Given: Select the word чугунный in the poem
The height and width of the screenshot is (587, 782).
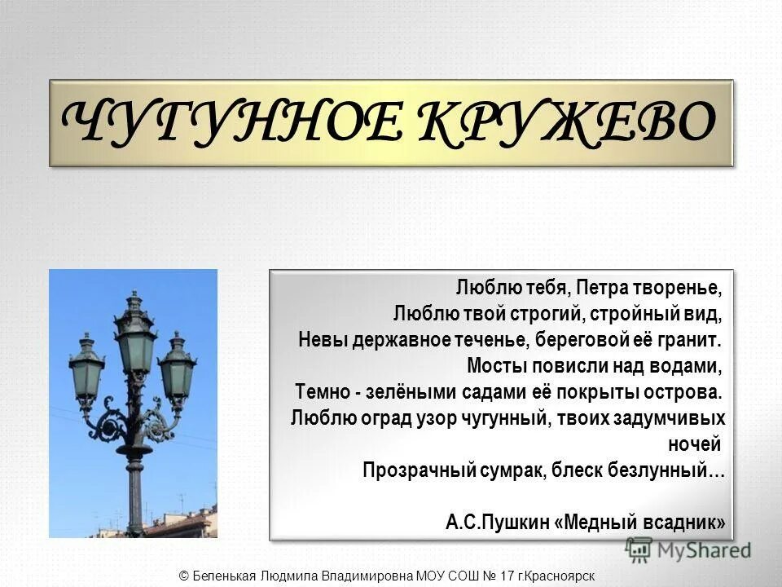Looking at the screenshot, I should click(488, 418).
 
